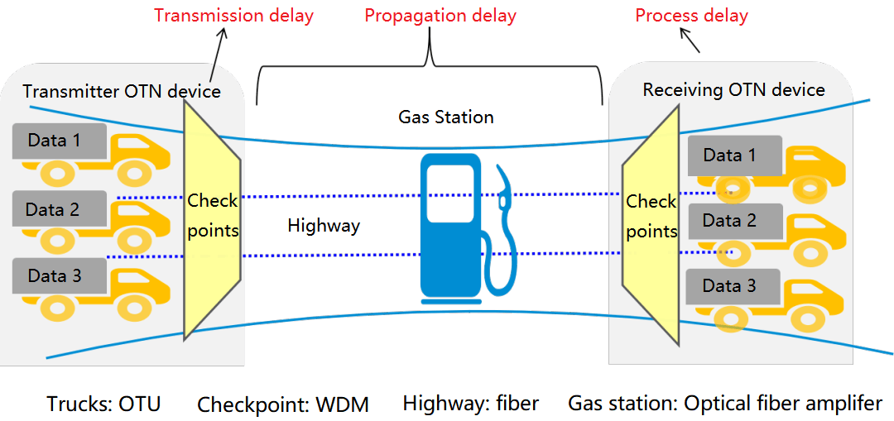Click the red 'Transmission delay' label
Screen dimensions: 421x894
coord(233,16)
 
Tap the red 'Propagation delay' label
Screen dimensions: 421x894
coord(440,16)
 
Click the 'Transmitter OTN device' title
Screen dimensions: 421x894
coord(122,91)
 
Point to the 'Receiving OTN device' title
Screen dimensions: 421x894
coord(733,89)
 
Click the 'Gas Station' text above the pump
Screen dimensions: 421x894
coord(446,117)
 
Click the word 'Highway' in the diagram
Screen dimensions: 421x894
coord(324,225)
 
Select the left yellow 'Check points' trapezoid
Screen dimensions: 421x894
coord(213,215)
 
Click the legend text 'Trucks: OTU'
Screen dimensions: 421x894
coord(103,404)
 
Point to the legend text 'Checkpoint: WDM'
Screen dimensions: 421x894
coord(283,404)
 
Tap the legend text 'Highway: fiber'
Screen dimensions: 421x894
coord(471,404)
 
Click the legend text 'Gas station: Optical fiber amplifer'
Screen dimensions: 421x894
coord(725,404)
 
